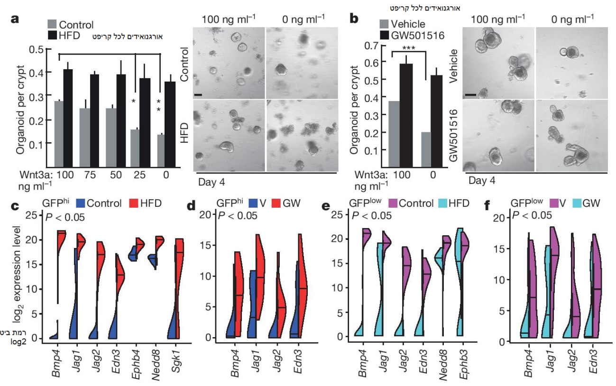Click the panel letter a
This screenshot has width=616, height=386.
pyautogui.click(x=15, y=19)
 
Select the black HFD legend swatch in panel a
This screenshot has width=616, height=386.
pyautogui.click(x=52, y=35)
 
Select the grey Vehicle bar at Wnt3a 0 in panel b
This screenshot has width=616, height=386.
pyautogui.click(x=426, y=149)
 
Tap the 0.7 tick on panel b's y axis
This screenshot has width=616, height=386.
pyautogui.click(x=375, y=46)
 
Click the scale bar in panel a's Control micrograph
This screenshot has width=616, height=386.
pyautogui.click(x=199, y=95)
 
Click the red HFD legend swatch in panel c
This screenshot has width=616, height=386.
pyautogui.click(x=134, y=203)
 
